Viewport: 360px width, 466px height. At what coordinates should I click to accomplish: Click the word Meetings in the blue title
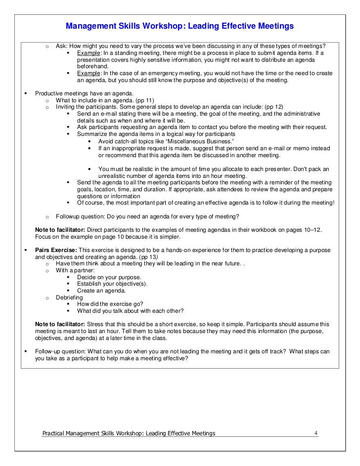point(271,26)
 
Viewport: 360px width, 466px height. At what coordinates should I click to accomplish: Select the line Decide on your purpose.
point(109,277)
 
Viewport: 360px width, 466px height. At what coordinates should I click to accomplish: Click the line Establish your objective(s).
point(112,284)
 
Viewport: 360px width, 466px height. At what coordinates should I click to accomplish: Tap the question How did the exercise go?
point(110,304)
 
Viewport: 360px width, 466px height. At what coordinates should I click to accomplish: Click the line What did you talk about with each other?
point(130,311)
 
